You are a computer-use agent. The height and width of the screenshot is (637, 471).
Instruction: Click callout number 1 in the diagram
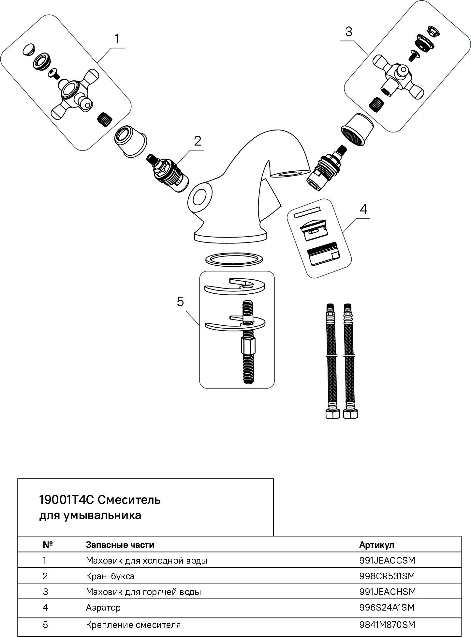point(117,39)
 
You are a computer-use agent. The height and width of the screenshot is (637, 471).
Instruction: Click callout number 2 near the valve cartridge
point(197,141)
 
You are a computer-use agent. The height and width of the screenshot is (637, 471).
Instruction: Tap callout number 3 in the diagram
point(348,32)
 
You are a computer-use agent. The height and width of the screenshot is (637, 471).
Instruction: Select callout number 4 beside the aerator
point(363,209)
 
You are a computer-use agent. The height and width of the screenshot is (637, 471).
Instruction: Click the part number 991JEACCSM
point(387,561)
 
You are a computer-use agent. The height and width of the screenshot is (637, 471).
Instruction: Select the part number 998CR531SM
point(387,576)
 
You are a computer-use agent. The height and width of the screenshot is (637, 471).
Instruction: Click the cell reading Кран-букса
point(110,576)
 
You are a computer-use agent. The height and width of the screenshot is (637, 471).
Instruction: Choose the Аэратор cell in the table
point(103,608)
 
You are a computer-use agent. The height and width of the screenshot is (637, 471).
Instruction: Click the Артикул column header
point(376,545)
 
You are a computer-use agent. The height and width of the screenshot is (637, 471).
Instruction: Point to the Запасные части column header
point(120,545)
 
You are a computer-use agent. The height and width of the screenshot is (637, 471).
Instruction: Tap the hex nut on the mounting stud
point(247,348)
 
